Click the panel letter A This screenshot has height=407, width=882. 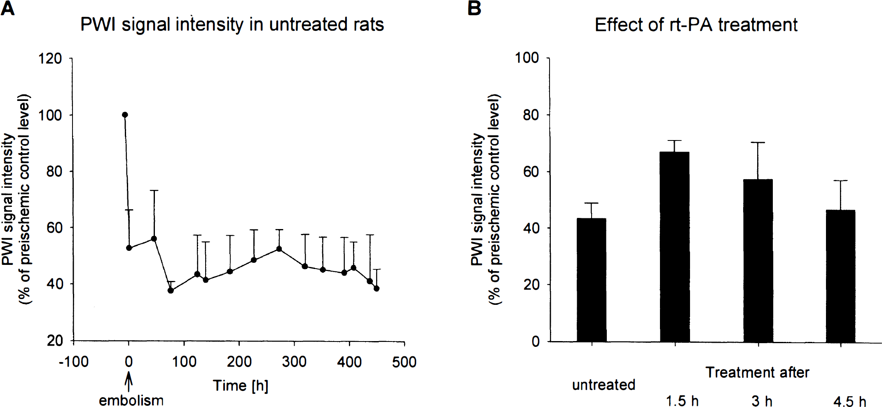click(x=7, y=8)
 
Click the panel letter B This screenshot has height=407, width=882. click(x=474, y=8)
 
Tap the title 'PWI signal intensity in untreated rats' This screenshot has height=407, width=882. click(x=232, y=25)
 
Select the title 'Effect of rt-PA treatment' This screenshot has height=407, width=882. click(x=696, y=25)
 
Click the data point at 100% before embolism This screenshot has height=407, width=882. click(x=125, y=115)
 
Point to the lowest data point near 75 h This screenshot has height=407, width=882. click(x=171, y=290)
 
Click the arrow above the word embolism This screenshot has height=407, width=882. click(x=129, y=381)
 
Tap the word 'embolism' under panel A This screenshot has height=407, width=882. click(x=131, y=400)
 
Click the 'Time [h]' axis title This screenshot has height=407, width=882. click(x=241, y=386)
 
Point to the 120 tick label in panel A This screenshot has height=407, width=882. click(x=50, y=58)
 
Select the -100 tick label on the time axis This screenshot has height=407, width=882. click(x=73, y=362)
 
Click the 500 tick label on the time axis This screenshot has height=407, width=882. click(x=404, y=362)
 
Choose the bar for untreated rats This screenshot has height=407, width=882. click(x=592, y=280)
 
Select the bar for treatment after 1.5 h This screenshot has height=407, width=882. click(x=675, y=247)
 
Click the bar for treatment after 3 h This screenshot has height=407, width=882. click(x=758, y=260)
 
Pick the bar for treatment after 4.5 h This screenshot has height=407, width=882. click(x=840, y=276)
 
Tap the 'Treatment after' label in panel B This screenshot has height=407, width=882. click(x=757, y=372)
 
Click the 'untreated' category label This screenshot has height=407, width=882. click(x=604, y=385)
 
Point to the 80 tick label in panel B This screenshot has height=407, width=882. click(x=531, y=115)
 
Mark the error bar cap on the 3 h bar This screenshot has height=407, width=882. click(x=758, y=143)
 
